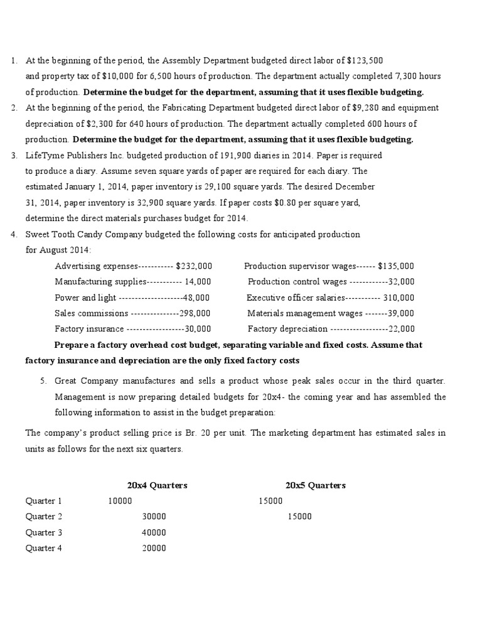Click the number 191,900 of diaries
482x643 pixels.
click(x=235, y=155)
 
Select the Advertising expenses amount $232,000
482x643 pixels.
click(x=194, y=266)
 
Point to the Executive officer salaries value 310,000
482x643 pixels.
click(x=399, y=297)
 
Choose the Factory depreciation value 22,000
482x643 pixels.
click(x=401, y=328)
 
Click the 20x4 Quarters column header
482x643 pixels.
click(x=157, y=485)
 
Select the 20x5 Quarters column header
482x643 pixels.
click(x=315, y=485)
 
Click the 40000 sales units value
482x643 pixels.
click(x=154, y=532)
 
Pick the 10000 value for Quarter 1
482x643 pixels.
click(x=120, y=501)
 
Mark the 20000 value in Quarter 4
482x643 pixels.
click(x=154, y=548)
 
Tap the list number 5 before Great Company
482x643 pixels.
click(x=43, y=381)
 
